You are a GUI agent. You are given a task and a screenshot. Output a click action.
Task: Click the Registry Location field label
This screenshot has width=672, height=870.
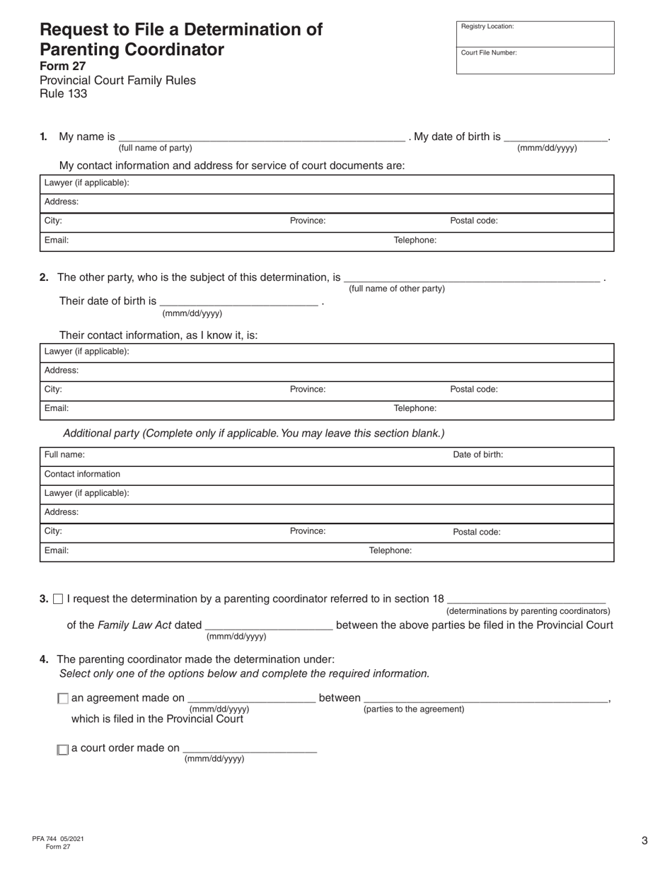pos(487,27)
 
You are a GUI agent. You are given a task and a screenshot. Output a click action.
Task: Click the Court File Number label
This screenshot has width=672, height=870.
pos(489,53)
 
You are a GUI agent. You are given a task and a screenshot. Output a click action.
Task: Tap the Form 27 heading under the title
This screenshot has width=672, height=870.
pos(63,66)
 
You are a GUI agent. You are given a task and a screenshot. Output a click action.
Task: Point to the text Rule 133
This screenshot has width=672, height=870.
pos(64,93)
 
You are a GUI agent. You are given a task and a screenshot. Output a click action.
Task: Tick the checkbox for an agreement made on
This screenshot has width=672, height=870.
pos(63,699)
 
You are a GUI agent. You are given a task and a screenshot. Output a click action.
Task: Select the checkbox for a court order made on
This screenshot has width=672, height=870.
pos(63,750)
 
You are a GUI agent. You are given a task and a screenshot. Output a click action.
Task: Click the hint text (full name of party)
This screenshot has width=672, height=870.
pos(155,148)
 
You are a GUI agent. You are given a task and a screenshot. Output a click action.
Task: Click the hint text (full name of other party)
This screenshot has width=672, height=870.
pos(397,289)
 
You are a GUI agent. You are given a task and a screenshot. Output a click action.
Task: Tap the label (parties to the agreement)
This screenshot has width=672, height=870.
pos(414,709)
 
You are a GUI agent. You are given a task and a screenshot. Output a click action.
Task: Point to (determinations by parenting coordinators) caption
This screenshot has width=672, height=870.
pos(528,611)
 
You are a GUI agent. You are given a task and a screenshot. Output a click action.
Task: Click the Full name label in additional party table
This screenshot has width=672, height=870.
pos(64,455)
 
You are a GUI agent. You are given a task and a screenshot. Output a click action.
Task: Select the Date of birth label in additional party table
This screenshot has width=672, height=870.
pos(478,455)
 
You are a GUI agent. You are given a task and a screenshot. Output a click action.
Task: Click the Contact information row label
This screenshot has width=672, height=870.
pos(82,474)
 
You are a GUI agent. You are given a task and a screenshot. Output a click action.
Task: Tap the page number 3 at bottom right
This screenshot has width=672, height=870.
pos(644,841)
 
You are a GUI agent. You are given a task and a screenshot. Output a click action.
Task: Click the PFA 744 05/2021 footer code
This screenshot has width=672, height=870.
pos(58,839)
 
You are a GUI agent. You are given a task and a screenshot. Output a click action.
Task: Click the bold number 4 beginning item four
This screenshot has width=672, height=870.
pos(44,660)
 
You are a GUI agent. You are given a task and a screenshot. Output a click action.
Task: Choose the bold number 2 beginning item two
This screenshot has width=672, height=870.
pos(44,277)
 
